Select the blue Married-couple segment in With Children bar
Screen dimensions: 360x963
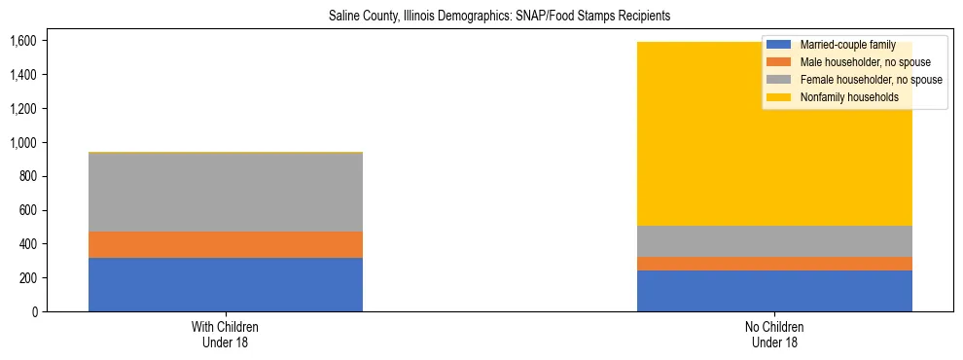226,285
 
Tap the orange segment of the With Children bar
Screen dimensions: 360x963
226,245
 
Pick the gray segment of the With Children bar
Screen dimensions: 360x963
226,193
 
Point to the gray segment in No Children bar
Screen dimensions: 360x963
774,241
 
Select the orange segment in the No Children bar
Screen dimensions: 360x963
774,264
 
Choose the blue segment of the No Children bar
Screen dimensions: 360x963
774,291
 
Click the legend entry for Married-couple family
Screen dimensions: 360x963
845,46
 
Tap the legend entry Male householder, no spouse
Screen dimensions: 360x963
863,63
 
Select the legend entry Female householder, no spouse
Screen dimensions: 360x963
869,80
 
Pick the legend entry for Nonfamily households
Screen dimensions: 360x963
847,97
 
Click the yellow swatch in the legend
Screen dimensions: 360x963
779,97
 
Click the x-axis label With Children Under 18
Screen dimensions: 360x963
226,335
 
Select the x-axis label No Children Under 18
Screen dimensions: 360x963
774,335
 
